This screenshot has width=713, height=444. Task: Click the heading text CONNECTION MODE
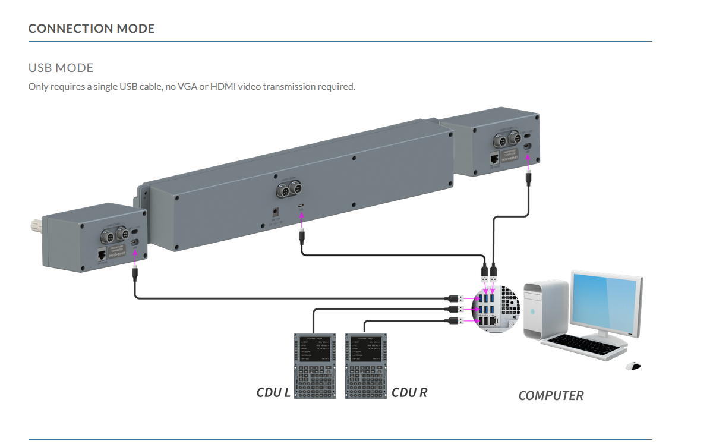pos(92,29)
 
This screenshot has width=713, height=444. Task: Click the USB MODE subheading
pos(61,68)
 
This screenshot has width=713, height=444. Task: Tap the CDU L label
pos(273,392)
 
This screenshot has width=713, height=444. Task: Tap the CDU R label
pos(409,392)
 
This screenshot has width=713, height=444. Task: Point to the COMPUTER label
pos(551,395)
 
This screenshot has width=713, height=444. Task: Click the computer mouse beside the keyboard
pos(634,366)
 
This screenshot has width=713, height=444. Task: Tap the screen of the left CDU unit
pos(314,351)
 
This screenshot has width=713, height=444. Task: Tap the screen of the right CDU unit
pos(365,351)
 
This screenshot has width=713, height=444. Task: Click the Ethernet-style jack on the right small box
pos(495,159)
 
